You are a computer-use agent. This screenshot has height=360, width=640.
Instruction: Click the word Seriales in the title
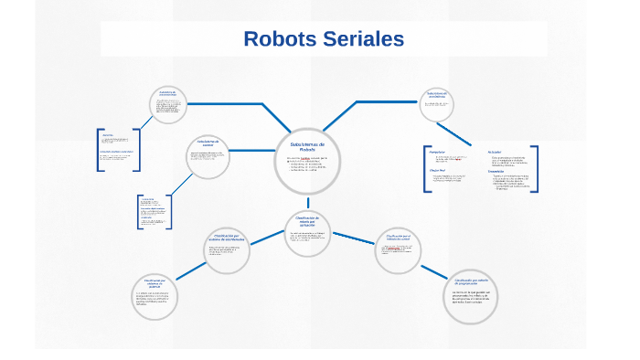tap(362, 39)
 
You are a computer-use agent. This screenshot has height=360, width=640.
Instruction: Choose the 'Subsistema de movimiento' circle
tap(437, 104)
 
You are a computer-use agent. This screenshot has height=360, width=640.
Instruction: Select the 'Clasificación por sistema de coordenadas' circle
tap(226, 249)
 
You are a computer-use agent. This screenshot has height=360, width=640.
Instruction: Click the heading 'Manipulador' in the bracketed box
tap(438, 151)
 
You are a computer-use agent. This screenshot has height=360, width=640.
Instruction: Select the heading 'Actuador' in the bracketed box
tap(495, 151)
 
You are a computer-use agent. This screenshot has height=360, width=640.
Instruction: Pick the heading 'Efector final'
tap(438, 170)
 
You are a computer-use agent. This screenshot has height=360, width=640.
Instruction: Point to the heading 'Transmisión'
tap(496, 171)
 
